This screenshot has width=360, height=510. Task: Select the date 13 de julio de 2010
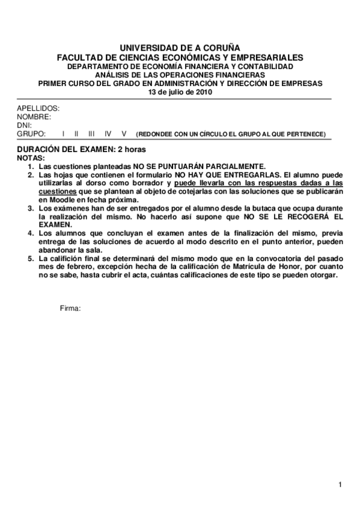[180, 92]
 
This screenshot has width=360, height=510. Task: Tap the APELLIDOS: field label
[38, 108]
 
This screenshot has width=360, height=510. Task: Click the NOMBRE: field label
[34, 117]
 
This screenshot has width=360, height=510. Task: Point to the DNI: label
[24, 125]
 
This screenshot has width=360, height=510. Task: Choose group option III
[91, 134]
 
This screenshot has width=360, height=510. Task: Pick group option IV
[107, 134]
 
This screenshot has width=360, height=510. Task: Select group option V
[124, 134]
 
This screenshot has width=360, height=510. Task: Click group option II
[76, 134]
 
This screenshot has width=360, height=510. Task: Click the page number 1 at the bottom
[340, 485]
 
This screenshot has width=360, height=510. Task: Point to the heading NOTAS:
[31, 157]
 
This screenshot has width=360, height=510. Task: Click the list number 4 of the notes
[31, 231]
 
